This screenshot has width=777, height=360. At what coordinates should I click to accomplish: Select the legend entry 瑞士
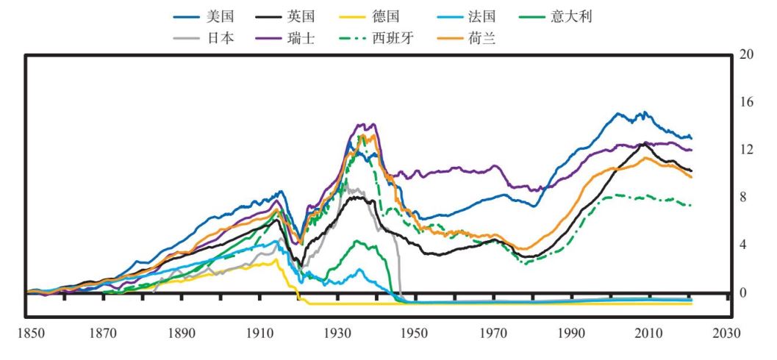(x=302, y=39)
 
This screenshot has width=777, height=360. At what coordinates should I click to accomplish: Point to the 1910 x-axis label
(x=259, y=333)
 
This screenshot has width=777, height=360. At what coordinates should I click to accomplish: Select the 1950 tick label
(x=415, y=333)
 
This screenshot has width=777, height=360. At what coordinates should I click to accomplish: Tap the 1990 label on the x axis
(x=570, y=333)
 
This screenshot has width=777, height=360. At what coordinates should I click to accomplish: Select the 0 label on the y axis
(x=742, y=292)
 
